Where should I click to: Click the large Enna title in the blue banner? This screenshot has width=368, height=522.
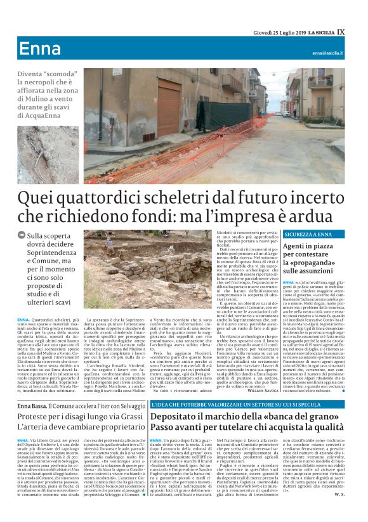[40, 49]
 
